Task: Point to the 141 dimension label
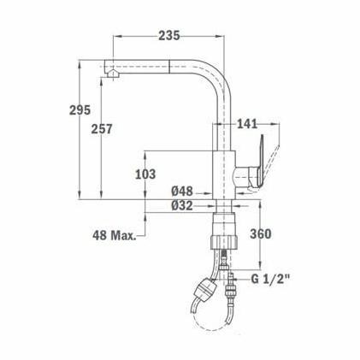[245, 124]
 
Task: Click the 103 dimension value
[146, 174]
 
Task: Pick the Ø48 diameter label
[182, 191]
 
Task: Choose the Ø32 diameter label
[182, 205]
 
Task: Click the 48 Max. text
[115, 234]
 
